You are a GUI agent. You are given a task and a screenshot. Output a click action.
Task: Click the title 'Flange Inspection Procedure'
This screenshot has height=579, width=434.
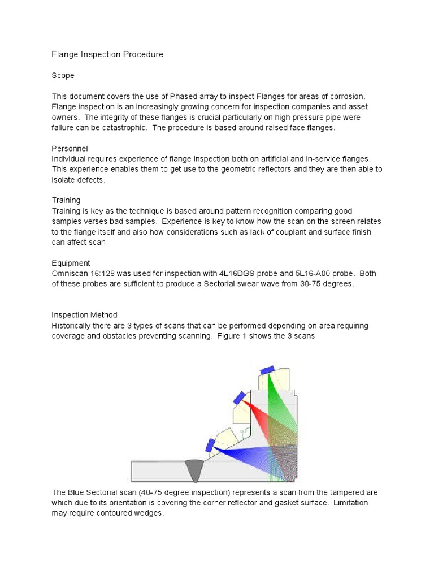(x=107, y=54)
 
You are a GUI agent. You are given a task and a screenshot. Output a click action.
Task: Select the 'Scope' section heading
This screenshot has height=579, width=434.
(x=63, y=75)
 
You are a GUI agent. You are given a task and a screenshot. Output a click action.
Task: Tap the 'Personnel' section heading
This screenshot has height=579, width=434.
(x=70, y=148)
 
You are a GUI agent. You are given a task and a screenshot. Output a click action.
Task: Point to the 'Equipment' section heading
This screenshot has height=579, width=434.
(x=71, y=263)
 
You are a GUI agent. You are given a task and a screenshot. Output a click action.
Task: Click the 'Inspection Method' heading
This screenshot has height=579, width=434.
(x=84, y=315)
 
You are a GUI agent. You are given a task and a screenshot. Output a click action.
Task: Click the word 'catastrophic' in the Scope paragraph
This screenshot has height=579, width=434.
(x=131, y=127)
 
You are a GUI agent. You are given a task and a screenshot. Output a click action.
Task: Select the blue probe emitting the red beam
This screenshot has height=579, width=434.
(x=239, y=397)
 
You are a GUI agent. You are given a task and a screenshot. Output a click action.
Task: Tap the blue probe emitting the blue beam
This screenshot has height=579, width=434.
(x=210, y=445)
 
